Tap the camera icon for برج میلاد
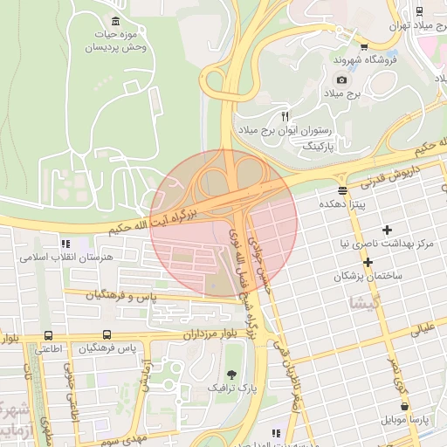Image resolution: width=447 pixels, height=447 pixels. pos(341,79)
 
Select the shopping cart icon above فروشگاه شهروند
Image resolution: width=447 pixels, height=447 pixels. pos(364,46)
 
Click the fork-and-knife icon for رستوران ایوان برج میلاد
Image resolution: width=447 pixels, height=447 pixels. pos(285,116)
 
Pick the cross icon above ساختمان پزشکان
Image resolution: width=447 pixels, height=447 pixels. pos(368,262)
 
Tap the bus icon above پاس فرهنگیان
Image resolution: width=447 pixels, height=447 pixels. pos(107,335)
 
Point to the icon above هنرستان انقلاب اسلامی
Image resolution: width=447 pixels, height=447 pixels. pos(64,244)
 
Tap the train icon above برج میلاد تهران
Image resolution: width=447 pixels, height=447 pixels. pos(421,10)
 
